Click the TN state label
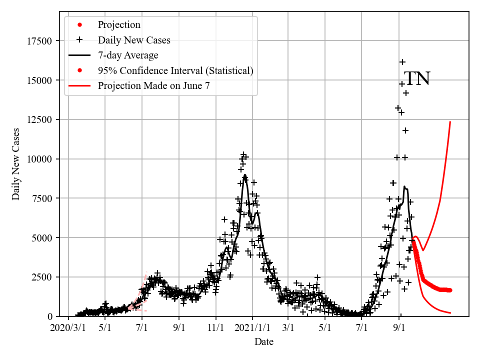pos(417,79)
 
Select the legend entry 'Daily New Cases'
pos(134,40)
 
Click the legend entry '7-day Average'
pos(128,55)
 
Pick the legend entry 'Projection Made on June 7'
pos(154,85)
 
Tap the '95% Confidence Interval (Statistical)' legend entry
pos(175,70)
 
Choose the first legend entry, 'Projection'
pos(119,24)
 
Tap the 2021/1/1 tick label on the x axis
pos(252,328)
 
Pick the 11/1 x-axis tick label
pos(216,328)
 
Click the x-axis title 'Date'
pos(263,342)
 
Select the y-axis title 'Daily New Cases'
pos(16,164)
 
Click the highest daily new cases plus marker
pos(402,62)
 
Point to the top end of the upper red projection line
pos(450,121)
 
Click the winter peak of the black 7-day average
pos(244,175)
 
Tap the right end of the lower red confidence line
pos(450,313)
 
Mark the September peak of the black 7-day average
pos(404,187)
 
